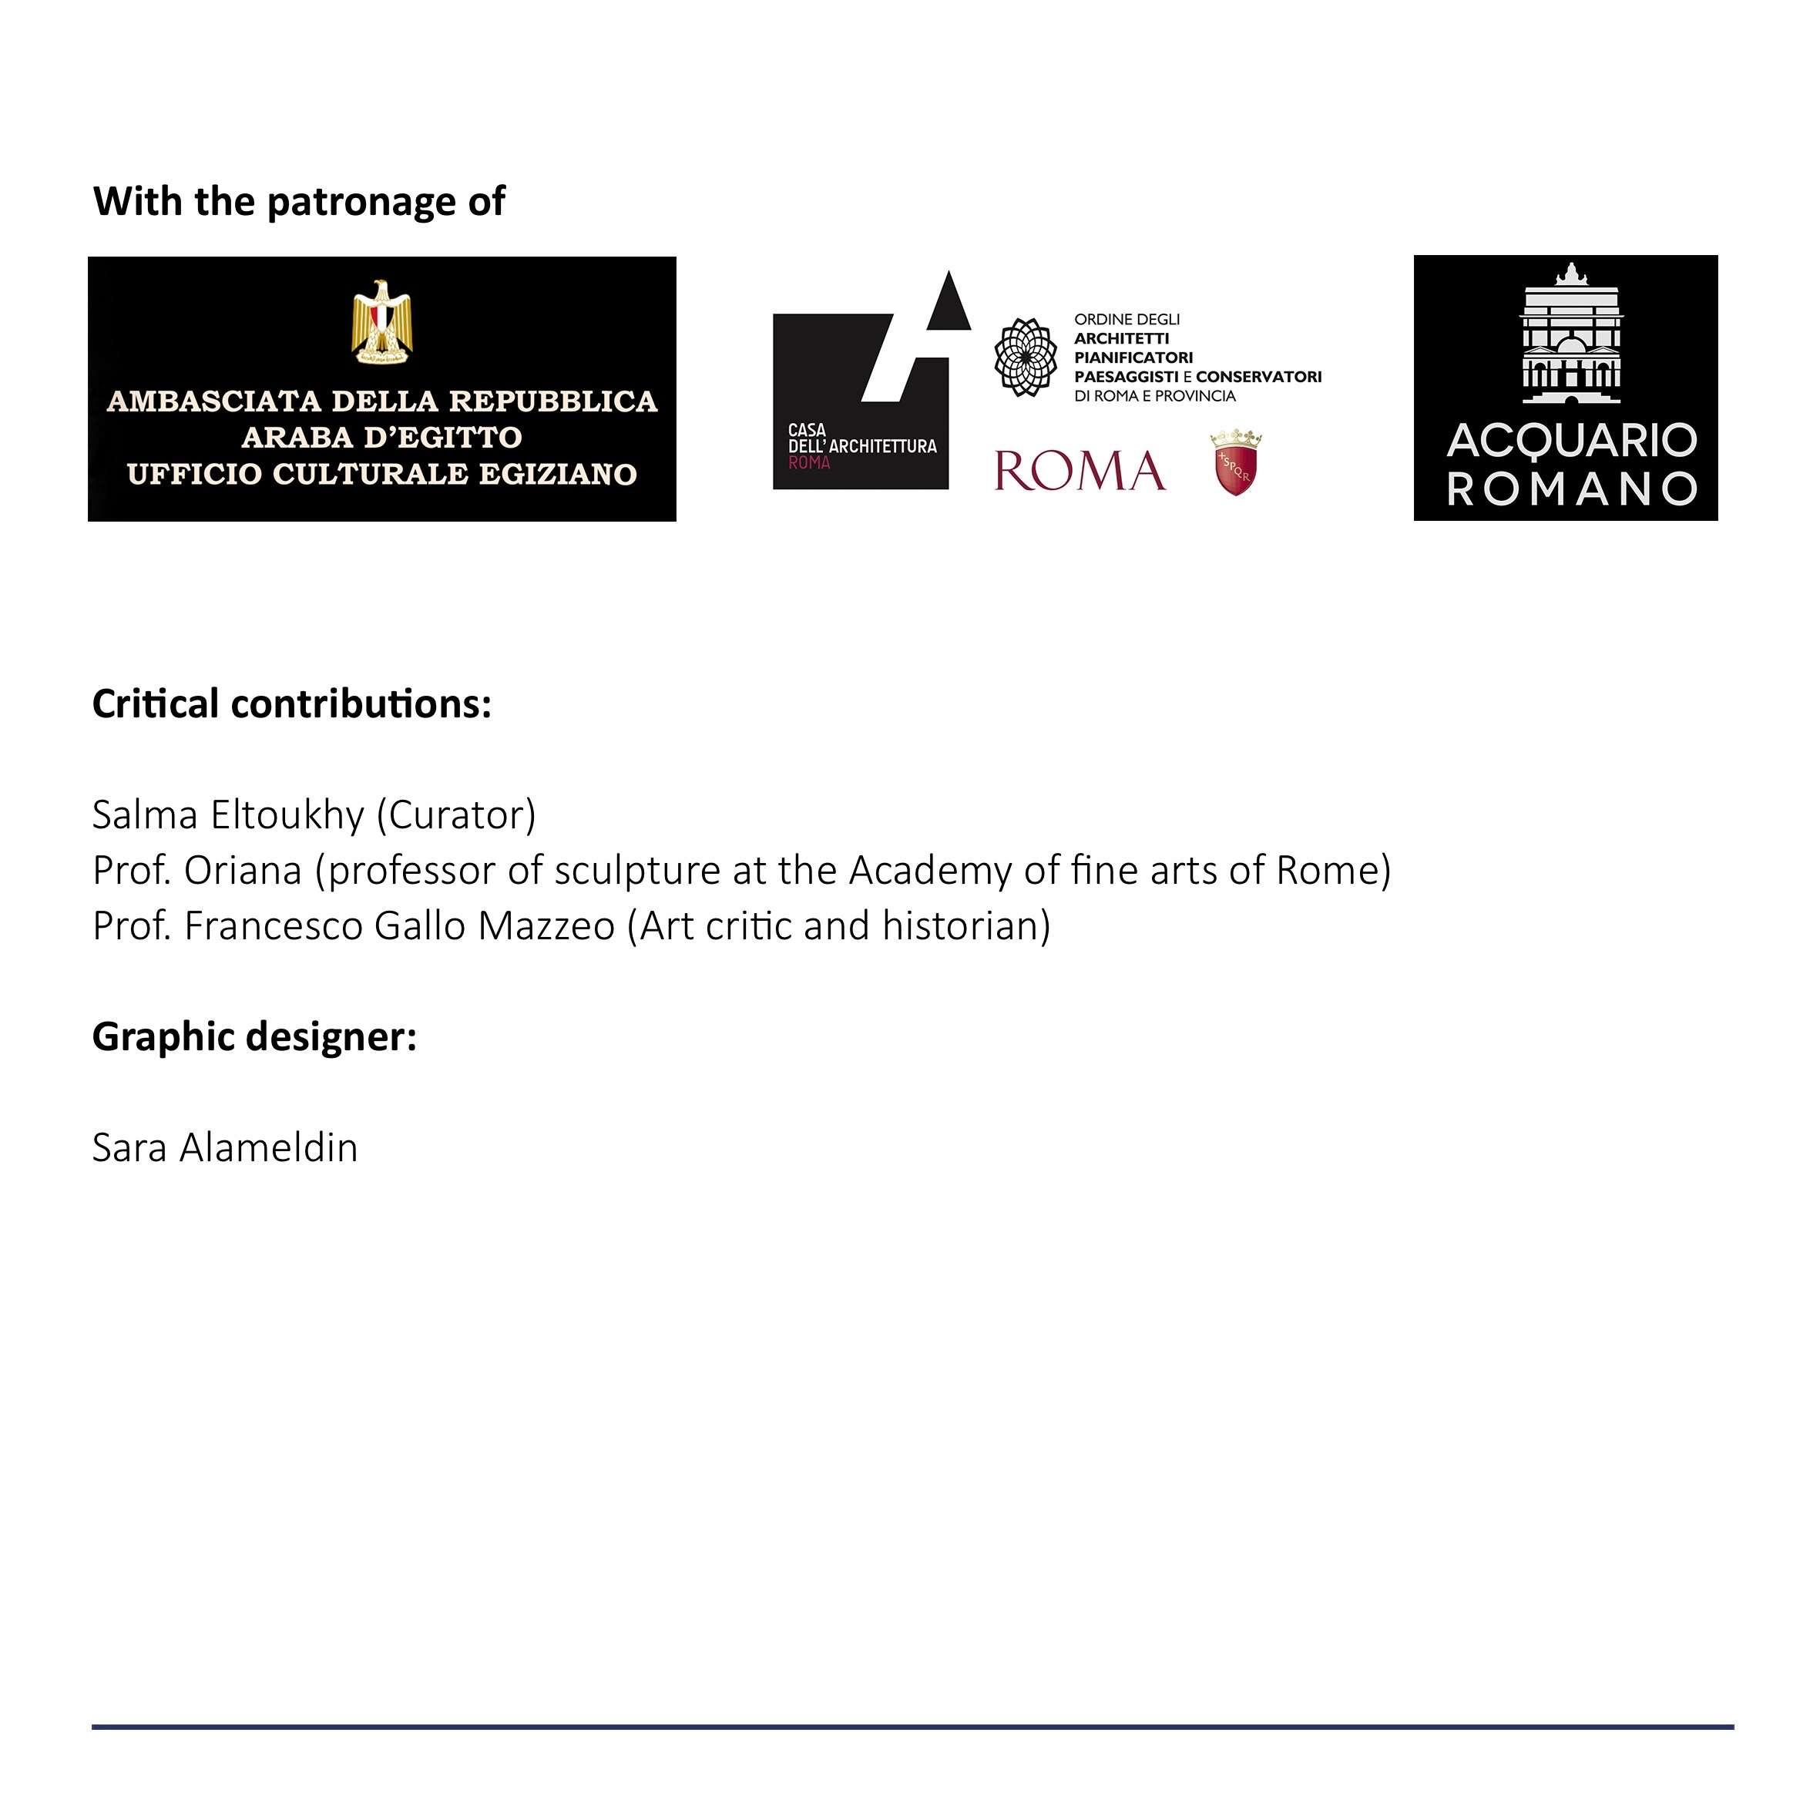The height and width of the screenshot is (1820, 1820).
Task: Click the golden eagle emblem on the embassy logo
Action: click(381, 321)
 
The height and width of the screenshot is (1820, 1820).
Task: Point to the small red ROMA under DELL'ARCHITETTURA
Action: click(809, 462)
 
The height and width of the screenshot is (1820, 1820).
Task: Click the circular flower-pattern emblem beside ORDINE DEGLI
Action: click(1026, 357)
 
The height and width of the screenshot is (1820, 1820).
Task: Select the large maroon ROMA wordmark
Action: click(1080, 471)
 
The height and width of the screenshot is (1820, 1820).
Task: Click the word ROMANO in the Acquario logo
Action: click(1571, 489)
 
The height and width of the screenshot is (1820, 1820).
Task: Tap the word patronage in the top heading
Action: click(363, 203)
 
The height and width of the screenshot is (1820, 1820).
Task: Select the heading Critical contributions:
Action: click(292, 704)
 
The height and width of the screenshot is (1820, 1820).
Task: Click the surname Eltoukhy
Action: click(287, 815)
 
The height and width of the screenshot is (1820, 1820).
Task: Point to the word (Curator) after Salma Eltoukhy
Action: click(456, 815)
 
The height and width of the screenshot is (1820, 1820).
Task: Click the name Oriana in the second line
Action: click(242, 871)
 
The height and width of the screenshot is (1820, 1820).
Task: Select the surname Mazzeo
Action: click(546, 926)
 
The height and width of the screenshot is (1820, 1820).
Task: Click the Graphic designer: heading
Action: click(254, 1037)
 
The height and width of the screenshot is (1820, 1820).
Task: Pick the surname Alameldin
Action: click(268, 1148)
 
